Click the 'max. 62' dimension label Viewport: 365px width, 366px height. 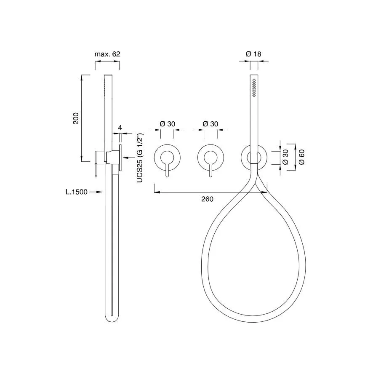107,54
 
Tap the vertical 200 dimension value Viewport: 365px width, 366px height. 76,118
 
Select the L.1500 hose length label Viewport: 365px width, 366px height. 76,192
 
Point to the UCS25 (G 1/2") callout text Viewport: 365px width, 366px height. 140,158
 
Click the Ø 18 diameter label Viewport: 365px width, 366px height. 253,54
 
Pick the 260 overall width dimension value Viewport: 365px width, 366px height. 207,199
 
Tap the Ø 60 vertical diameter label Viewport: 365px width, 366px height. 301,157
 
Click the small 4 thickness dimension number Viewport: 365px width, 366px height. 120,128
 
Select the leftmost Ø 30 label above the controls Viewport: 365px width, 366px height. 167,124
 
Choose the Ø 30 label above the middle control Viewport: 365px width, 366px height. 210,124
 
